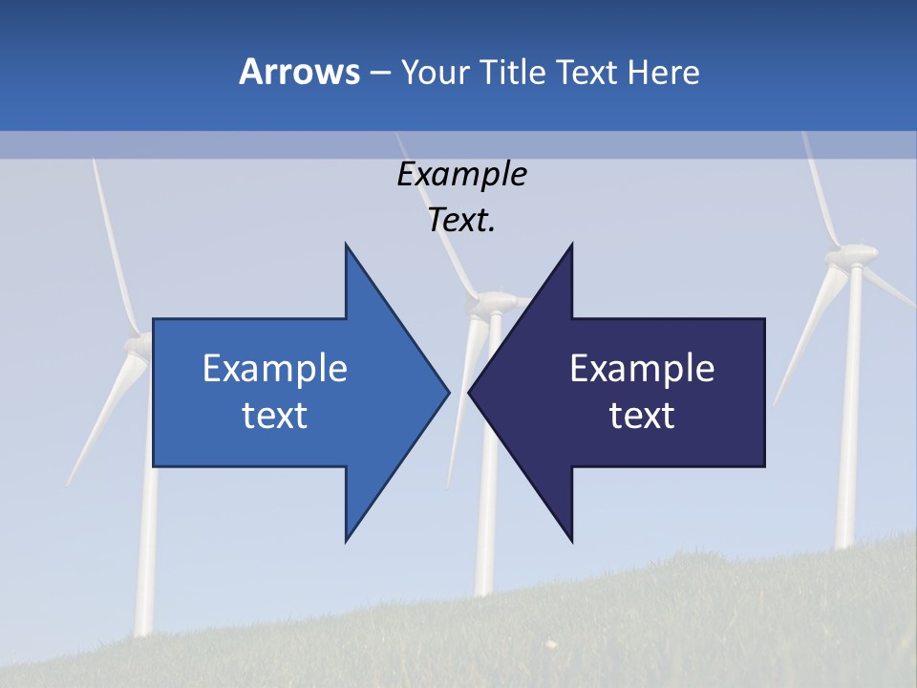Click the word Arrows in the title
299,72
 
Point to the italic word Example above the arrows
461,175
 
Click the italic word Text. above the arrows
461,221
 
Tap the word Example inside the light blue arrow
274,369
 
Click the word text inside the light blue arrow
274,416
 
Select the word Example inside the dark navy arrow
642,369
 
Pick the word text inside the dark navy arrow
642,416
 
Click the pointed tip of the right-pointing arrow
449,392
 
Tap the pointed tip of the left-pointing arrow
469,392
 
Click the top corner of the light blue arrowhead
346,245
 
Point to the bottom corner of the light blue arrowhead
346,541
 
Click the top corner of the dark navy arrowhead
571,245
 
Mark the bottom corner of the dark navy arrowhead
571,541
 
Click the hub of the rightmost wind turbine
850,256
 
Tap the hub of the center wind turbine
487,304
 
